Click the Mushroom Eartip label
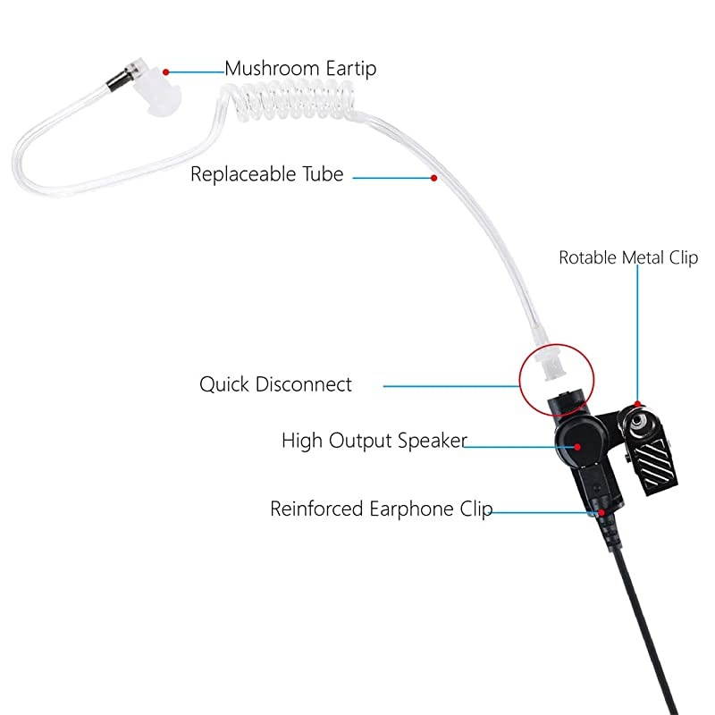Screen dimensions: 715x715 [300, 68]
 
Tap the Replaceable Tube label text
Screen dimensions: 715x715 [266, 173]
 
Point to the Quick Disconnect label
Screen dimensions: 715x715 [275, 384]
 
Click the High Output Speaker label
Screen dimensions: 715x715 [374, 440]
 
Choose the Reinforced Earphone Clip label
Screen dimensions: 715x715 [381, 509]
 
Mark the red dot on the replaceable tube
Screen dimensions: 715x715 [433, 178]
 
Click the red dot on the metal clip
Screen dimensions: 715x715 [637, 404]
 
